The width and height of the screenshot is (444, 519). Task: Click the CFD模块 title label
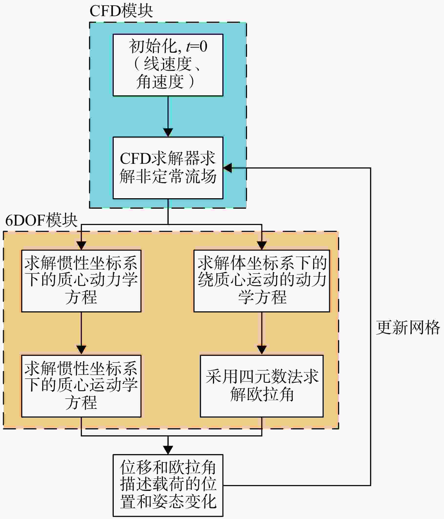[121, 11]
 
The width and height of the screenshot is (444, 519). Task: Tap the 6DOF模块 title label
[41, 220]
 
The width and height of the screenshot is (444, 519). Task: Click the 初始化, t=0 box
[168, 65]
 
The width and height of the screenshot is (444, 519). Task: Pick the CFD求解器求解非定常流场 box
[168, 168]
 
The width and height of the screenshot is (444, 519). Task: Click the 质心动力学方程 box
[81, 281]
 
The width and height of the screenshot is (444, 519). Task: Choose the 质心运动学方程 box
[81, 386]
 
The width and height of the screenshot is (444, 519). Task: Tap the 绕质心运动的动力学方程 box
[262, 281]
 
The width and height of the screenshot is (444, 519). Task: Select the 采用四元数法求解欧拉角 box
[262, 386]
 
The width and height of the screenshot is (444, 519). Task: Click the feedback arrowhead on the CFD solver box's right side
[227, 168]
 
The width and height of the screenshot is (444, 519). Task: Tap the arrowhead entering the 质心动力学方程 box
[81, 246]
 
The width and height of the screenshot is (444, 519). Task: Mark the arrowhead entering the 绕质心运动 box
[262, 246]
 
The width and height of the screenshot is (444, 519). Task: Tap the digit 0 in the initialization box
[203, 47]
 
